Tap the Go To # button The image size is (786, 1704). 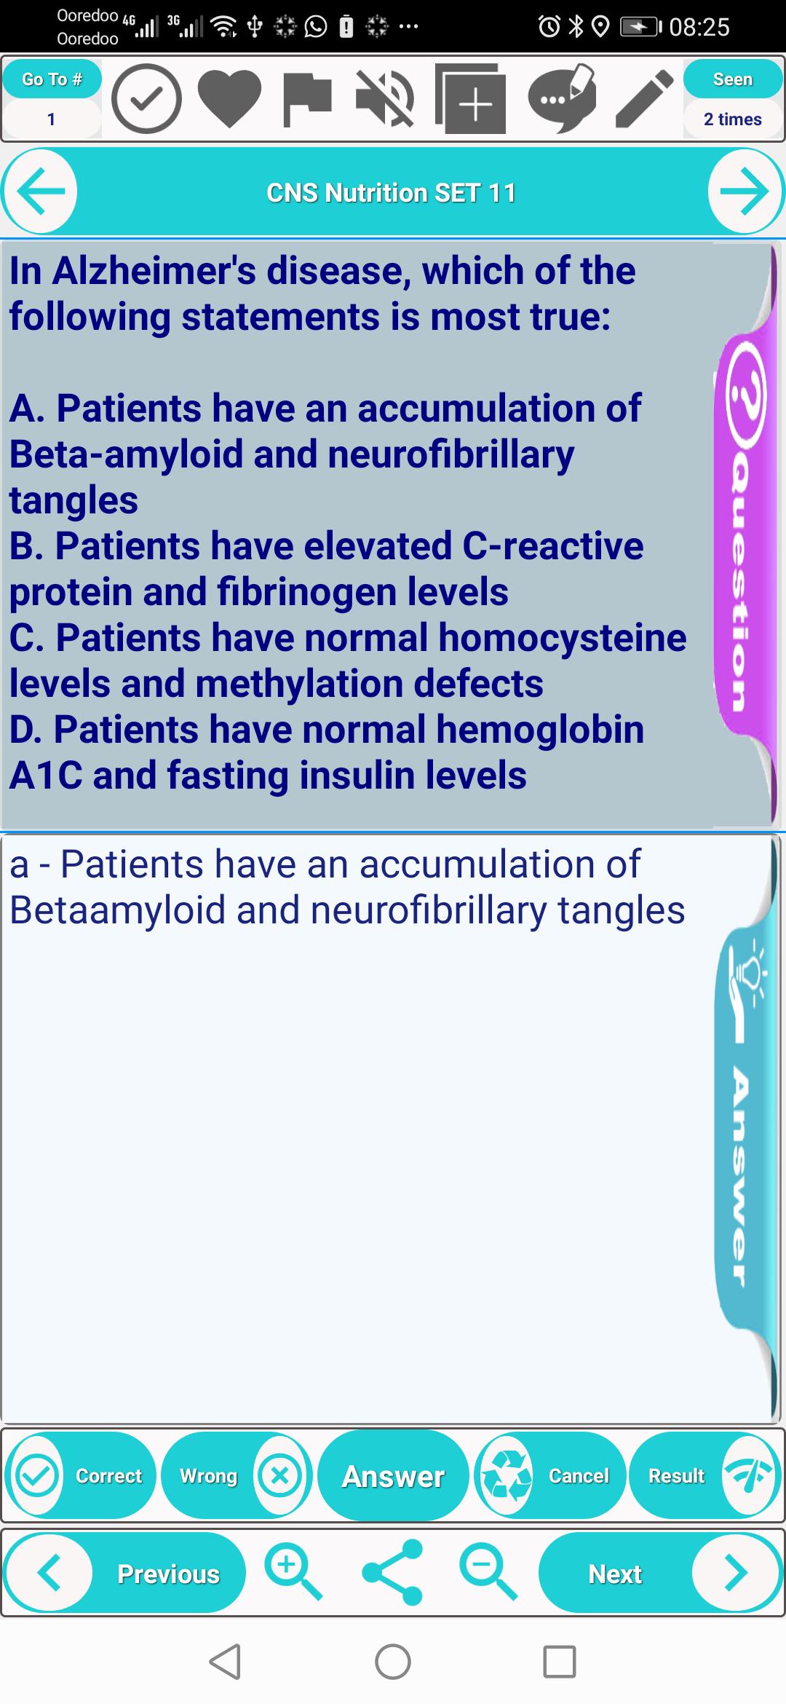[x=52, y=79]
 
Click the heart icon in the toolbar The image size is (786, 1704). [x=229, y=99]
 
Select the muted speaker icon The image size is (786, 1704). [x=385, y=99]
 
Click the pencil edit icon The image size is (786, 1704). [x=644, y=99]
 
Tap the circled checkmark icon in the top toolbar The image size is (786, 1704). [x=146, y=99]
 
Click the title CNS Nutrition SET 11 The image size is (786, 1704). [x=392, y=193]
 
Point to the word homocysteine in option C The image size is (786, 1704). [x=563, y=638]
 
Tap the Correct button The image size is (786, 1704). [x=80, y=1475]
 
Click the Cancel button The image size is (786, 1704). [x=549, y=1475]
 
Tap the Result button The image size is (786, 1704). [x=704, y=1475]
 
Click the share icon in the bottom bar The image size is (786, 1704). [x=392, y=1573]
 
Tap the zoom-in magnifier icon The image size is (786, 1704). [x=293, y=1573]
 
